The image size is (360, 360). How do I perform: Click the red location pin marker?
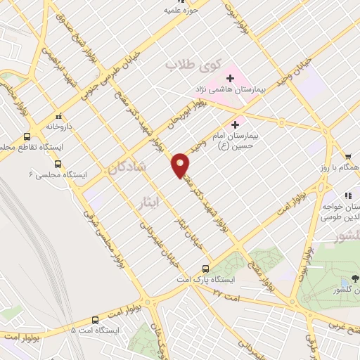[x=181, y=164]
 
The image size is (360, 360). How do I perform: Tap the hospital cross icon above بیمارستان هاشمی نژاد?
[x=230, y=77]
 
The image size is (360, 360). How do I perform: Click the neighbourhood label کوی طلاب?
[x=188, y=65]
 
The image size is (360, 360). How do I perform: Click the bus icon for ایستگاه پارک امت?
[x=206, y=268]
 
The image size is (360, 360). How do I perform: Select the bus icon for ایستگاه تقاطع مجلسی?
[x=27, y=136]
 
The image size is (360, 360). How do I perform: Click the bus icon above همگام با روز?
[x=347, y=157]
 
